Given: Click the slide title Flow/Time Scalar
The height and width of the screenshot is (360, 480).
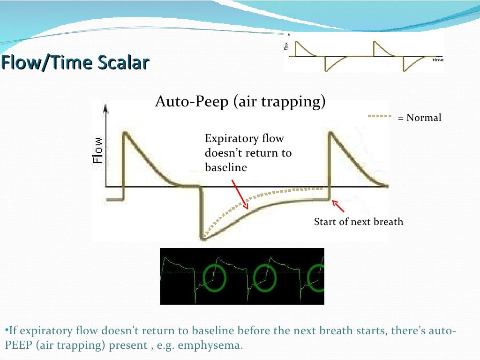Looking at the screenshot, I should pyautogui.click(x=75, y=63).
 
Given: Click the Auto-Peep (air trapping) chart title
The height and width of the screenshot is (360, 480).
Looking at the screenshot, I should pyautogui.click(x=240, y=101).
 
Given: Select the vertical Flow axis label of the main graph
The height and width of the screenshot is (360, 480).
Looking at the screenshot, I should pyautogui.click(x=98, y=150).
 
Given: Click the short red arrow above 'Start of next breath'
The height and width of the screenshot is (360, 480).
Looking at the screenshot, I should pyautogui.click(x=338, y=206).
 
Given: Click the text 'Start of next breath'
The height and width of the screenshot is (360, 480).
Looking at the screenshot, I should pyautogui.click(x=358, y=222).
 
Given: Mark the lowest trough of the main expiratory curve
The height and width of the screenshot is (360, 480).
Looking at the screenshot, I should pyautogui.click(x=203, y=238).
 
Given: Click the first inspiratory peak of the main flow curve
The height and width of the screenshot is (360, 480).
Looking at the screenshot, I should pyautogui.click(x=125, y=134).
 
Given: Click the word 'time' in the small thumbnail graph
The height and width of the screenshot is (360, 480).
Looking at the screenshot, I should pyautogui.click(x=437, y=60).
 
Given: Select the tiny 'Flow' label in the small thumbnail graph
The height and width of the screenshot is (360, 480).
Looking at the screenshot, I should pyautogui.click(x=286, y=46).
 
